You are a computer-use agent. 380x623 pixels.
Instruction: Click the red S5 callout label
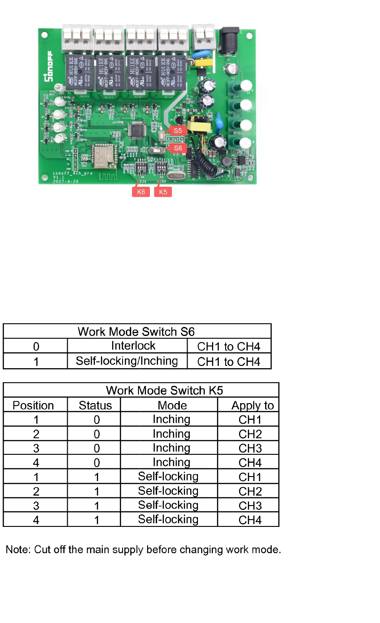pyautogui.click(x=178, y=130)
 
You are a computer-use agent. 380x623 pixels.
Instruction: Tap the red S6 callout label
pyautogui.click(x=178, y=148)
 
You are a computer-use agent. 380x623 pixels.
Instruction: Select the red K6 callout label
pyautogui.click(x=141, y=192)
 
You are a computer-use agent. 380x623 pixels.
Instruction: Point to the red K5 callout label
pyautogui.click(x=163, y=192)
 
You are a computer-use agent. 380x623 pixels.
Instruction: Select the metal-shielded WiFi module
pyautogui.click(x=103, y=155)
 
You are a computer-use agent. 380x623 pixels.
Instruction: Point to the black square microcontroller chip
pyautogui.click(x=136, y=130)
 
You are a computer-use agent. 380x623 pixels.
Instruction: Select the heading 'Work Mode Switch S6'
pyautogui.click(x=137, y=331)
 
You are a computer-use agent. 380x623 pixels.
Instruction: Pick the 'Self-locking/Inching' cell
pyautogui.click(x=127, y=361)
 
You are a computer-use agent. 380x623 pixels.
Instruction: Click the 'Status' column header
pyautogui.click(x=95, y=405)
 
